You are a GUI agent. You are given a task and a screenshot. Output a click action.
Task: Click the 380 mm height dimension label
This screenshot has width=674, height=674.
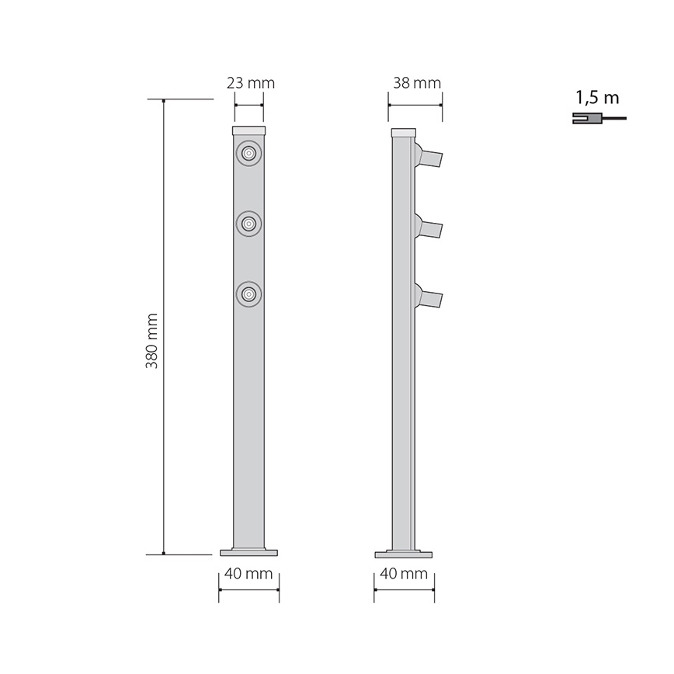pos(152,341)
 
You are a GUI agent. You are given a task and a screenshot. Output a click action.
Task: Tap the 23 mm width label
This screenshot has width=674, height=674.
pos(250,83)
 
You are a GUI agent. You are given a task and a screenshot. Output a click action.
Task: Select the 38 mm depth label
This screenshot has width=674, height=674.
pos(416,83)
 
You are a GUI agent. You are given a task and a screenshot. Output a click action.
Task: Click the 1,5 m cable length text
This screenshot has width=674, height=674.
pos(597,99)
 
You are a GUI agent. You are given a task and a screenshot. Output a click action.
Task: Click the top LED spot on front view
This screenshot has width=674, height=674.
pos(248,154)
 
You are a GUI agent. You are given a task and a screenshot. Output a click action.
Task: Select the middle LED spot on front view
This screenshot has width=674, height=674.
pos(248,224)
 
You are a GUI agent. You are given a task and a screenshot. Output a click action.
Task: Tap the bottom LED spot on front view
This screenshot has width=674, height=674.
pos(248,294)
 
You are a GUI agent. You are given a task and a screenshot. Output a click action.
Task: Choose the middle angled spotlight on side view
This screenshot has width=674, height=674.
pos(429,228)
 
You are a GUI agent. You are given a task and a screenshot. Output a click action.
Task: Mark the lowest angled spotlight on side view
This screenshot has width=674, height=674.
pos(429,298)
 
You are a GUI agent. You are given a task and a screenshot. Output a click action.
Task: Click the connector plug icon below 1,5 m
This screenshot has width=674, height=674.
pos(586,119)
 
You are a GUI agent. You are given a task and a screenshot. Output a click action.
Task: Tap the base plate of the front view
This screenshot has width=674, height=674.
pos(248,553)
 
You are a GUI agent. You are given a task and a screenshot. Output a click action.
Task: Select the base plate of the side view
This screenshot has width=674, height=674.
pos(404,554)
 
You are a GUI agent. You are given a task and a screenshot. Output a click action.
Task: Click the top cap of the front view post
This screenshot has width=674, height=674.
pos(249,130)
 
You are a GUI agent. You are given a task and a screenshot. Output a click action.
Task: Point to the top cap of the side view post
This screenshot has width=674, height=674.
pos(403,133)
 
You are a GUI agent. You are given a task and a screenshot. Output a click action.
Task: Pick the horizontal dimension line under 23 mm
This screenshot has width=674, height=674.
pos(249,106)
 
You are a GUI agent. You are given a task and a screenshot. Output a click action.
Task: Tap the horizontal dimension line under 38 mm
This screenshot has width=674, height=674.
pos(415,106)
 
